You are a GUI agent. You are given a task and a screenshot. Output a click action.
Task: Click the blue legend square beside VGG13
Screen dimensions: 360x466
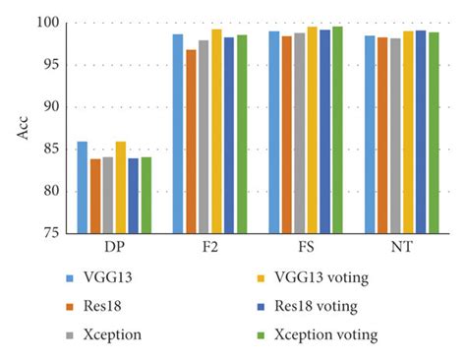click(x=70, y=278)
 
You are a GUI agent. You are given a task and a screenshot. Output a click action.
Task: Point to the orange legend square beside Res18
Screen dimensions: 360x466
click(x=70, y=307)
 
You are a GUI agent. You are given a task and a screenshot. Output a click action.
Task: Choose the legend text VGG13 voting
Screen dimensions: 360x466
click(x=321, y=277)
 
